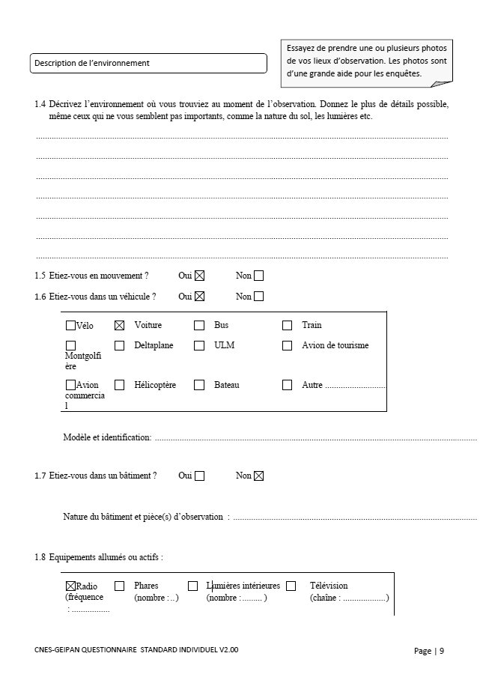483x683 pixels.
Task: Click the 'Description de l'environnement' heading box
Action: (148, 63)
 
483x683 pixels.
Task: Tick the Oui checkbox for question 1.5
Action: (199, 276)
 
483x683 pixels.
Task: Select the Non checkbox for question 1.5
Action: (258, 276)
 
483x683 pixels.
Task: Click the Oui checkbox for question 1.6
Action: (199, 296)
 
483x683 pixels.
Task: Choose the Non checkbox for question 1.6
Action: (258, 296)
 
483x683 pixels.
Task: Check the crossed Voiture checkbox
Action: (119, 325)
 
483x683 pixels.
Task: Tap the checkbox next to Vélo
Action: (70, 325)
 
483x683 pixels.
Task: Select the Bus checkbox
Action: (199, 325)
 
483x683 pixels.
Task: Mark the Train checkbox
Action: (287, 325)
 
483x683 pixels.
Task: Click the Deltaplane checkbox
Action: (119, 345)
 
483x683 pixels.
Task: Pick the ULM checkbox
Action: (199, 345)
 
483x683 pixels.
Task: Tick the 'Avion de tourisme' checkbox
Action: (287, 345)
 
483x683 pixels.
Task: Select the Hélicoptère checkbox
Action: (119, 385)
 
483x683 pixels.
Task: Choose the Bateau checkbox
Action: (199, 385)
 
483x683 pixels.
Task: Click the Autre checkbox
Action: (287, 385)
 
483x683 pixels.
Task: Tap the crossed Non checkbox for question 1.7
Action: (258, 476)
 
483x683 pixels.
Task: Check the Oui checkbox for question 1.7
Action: (199, 476)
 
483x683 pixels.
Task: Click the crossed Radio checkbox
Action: (70, 586)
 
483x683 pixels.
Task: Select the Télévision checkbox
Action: (291, 586)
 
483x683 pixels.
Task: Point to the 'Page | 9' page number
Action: (429, 651)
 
